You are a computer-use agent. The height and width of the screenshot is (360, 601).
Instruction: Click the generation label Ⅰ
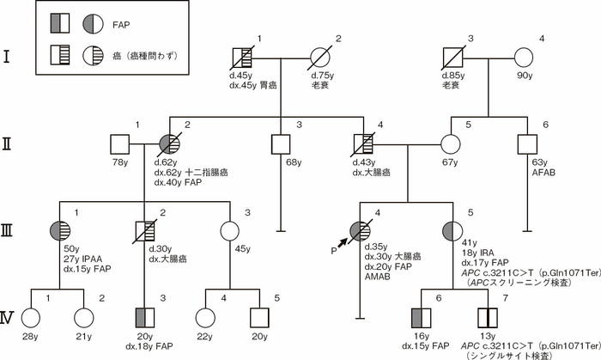point(8,60)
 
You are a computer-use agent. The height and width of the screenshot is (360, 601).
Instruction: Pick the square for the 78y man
point(118,144)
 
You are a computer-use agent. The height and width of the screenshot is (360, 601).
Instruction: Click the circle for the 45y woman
point(229,231)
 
